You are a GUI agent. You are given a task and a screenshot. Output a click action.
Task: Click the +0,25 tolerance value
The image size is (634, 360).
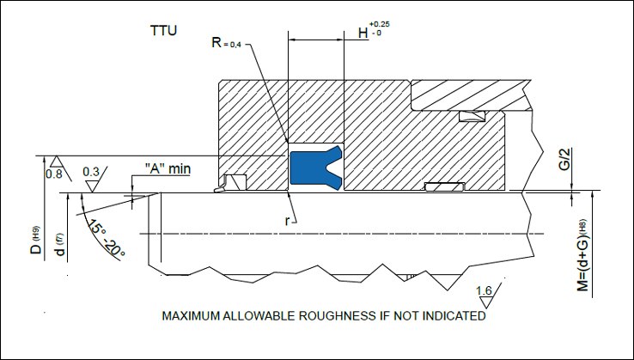[x=380, y=25]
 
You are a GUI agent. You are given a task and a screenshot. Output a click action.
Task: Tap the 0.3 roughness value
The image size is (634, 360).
[x=91, y=172]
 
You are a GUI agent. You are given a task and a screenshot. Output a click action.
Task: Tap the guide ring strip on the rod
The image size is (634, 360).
[x=445, y=186]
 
